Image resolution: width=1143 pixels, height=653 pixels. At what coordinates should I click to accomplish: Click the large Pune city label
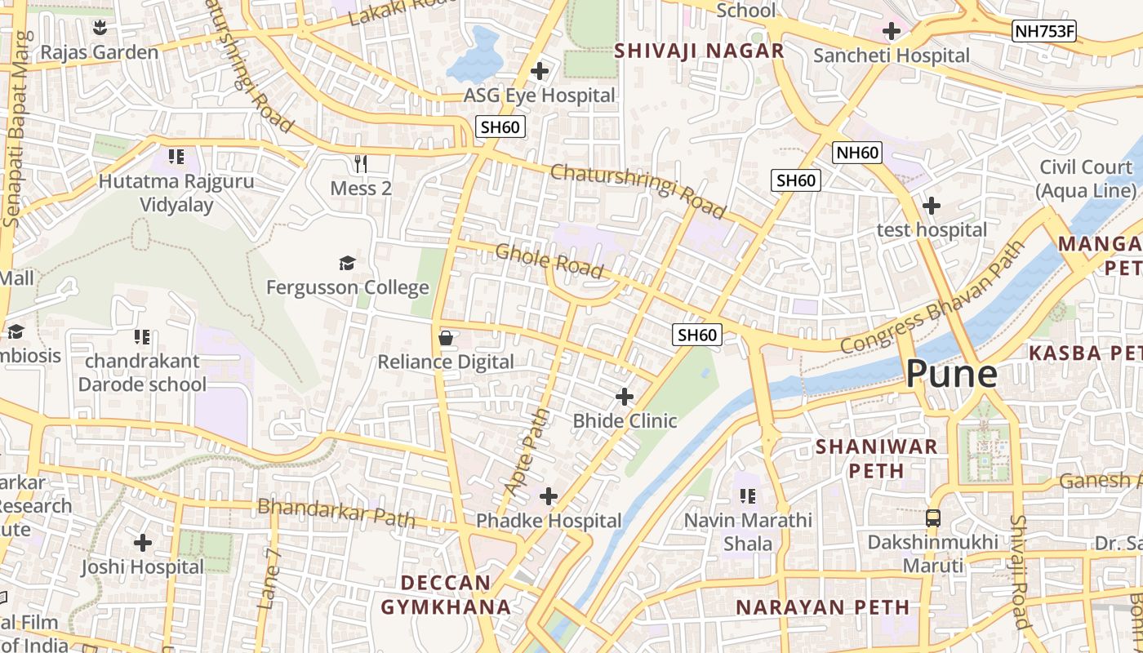(951, 374)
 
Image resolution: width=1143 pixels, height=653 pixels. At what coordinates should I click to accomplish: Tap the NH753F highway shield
(1044, 32)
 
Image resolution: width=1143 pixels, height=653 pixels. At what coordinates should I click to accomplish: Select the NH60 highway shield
(857, 153)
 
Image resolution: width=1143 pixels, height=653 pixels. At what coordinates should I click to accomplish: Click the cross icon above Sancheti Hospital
(892, 32)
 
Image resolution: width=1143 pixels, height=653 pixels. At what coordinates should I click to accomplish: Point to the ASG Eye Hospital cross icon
(539, 72)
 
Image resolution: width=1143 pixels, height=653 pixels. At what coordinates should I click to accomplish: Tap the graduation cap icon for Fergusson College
(347, 263)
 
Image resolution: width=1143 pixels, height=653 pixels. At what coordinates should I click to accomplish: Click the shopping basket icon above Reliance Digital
(446, 338)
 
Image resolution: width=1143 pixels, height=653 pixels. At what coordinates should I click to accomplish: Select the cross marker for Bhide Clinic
(625, 398)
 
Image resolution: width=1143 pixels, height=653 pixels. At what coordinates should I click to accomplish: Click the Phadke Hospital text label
(549, 521)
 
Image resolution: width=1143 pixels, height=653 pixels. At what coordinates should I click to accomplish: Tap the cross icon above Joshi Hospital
(143, 543)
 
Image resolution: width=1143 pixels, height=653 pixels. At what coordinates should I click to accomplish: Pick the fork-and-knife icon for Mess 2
(361, 164)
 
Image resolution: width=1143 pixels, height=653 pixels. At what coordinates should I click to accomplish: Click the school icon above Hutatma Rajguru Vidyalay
(176, 156)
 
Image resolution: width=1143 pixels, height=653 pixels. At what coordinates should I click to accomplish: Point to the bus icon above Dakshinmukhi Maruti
(932, 518)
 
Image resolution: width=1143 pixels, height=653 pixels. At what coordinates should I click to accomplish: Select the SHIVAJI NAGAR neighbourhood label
(699, 51)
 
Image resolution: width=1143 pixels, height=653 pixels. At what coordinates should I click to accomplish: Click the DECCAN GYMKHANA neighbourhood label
(447, 595)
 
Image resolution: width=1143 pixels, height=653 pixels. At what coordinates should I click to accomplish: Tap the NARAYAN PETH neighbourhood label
(822, 607)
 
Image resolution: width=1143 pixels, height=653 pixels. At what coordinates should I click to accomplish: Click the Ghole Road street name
(549, 260)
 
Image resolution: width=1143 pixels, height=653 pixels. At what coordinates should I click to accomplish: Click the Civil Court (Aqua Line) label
(1085, 179)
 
